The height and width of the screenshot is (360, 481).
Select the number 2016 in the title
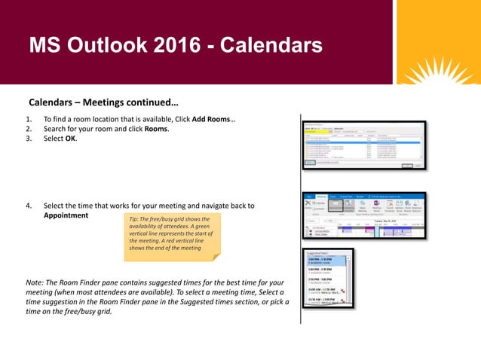click(x=179, y=47)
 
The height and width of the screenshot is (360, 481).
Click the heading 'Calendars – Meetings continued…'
click(x=103, y=102)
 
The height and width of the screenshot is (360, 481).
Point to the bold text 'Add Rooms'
click(x=213, y=119)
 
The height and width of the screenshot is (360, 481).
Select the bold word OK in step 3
click(x=70, y=139)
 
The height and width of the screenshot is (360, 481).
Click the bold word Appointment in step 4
click(x=66, y=215)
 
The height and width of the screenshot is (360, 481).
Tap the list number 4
click(x=29, y=205)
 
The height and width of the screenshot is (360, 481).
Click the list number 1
click(x=29, y=119)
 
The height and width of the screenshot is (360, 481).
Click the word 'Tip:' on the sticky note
click(x=136, y=219)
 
